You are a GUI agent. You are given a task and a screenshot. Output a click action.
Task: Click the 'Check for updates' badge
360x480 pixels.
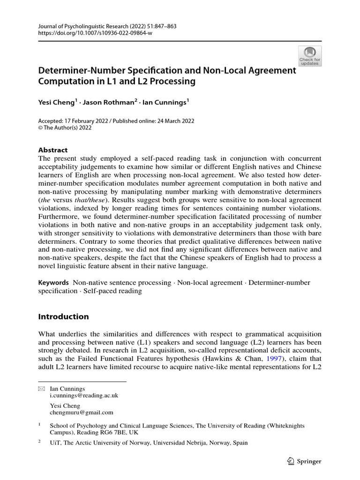(x=310, y=56)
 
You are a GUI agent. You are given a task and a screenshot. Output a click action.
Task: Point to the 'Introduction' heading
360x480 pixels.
(x=63, y=316)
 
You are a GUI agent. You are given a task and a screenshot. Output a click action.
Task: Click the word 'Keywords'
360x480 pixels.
(x=53, y=283)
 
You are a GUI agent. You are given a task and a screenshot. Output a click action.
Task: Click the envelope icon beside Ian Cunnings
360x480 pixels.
(x=41, y=389)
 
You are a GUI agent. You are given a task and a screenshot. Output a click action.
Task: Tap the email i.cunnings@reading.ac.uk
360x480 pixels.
(x=84, y=395)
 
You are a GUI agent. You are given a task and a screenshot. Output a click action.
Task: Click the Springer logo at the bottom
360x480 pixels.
(x=303, y=461)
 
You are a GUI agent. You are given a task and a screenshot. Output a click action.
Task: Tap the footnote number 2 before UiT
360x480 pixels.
(x=40, y=442)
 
